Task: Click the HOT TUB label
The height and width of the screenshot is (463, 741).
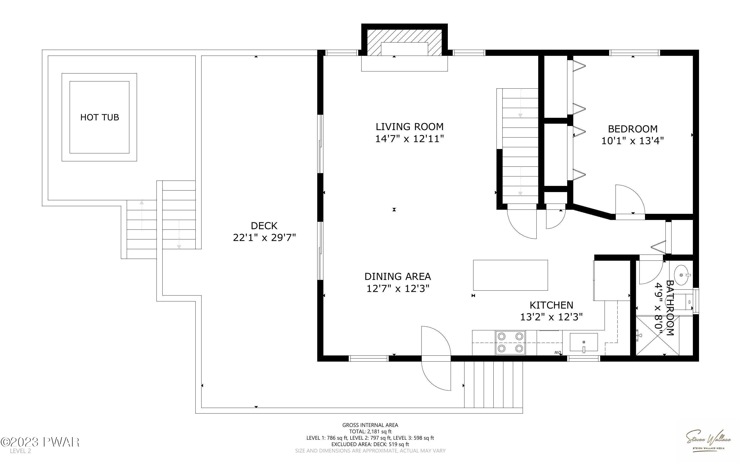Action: pyautogui.click(x=99, y=117)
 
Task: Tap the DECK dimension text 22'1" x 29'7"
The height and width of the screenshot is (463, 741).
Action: pyautogui.click(x=264, y=238)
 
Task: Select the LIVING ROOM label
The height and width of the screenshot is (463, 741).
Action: pyautogui.click(x=409, y=127)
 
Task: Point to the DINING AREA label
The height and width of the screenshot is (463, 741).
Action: pyautogui.click(x=398, y=277)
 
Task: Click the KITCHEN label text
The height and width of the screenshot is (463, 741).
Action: pyautogui.click(x=551, y=305)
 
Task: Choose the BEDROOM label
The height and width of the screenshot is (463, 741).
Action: pyautogui.click(x=633, y=129)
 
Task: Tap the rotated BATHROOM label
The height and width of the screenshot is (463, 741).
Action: pyautogui.click(x=670, y=308)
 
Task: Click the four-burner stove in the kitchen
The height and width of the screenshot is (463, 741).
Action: pyautogui.click(x=510, y=343)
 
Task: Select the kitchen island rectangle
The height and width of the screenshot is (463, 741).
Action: pyautogui.click(x=511, y=275)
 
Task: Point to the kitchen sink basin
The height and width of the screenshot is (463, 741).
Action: pyautogui.click(x=584, y=342)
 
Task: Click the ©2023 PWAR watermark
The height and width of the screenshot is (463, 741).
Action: pyautogui.click(x=40, y=442)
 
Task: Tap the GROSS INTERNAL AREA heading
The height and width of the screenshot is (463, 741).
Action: pyautogui.click(x=370, y=425)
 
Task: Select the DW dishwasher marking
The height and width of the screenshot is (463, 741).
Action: pyautogui.click(x=558, y=352)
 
